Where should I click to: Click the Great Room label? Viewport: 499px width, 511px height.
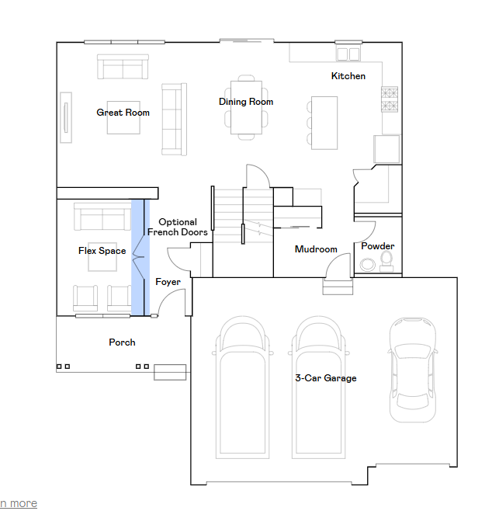123,113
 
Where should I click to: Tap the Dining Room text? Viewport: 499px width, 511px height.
246,102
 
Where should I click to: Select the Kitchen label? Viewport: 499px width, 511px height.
348,76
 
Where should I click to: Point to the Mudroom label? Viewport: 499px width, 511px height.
316,249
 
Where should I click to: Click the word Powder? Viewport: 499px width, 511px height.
377,246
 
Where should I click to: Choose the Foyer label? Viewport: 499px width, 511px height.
168,282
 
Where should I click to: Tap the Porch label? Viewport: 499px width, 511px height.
122,342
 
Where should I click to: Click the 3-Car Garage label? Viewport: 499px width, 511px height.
326,378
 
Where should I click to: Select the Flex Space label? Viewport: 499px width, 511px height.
102,251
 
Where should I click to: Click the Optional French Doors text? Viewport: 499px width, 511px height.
178,227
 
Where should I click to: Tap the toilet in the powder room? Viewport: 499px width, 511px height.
386,262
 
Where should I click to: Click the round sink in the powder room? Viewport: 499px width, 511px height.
367,264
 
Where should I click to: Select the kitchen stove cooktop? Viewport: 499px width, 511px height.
390,99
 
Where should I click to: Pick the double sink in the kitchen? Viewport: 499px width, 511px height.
348,54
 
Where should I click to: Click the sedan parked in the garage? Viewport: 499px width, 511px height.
413,370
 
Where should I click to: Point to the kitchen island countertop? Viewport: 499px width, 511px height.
324,123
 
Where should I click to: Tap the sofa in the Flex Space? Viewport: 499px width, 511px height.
102,217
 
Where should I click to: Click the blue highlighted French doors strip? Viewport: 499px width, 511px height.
140,258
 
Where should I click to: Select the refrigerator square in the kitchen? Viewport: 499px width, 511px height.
386,149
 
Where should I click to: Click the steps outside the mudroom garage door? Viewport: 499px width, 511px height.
338,287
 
